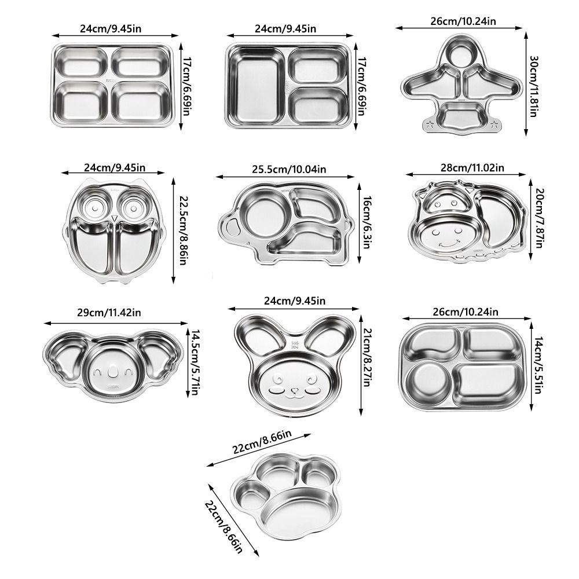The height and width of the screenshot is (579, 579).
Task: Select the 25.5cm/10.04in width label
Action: (285, 169)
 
